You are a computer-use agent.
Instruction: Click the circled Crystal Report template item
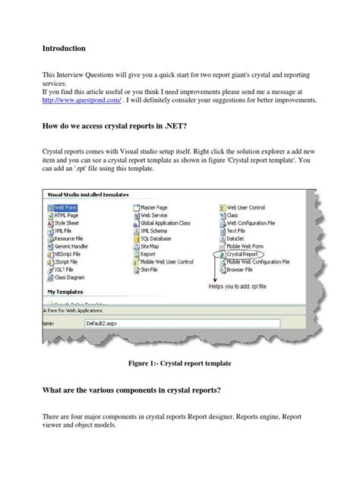pyautogui.click(x=245, y=255)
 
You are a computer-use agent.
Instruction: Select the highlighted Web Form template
pyautogui.click(x=67, y=206)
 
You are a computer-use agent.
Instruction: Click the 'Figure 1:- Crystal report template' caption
pyautogui.click(x=179, y=365)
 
